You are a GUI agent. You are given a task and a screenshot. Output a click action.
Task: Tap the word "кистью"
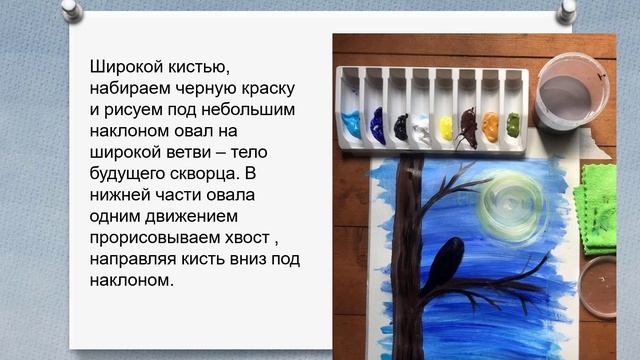click(x=195, y=68)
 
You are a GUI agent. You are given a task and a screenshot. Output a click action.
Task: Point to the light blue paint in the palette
click(x=351, y=126)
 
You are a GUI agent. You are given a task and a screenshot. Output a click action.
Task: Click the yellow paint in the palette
click(x=446, y=128)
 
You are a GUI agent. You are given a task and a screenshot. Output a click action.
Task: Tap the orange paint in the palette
click(x=490, y=125)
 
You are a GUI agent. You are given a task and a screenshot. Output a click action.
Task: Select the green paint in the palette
click(x=512, y=124)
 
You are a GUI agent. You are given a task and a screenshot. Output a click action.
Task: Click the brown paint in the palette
click(x=468, y=125)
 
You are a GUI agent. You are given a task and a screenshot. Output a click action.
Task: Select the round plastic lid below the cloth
click(x=601, y=287)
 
